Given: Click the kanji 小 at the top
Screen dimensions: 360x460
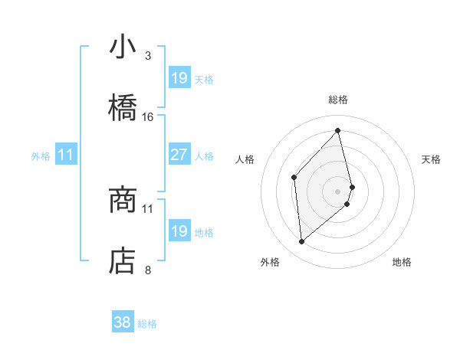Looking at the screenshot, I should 123,47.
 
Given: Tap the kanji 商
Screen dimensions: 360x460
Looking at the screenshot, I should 123,201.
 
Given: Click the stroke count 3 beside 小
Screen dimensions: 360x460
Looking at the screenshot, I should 148,55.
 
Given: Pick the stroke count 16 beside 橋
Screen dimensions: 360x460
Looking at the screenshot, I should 148,116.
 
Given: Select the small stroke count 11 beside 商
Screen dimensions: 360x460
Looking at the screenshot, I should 148,208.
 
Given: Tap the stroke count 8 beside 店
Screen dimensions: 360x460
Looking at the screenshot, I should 148,270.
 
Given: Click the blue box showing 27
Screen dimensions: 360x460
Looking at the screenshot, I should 179,155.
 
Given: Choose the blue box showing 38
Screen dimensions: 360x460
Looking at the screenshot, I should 123,323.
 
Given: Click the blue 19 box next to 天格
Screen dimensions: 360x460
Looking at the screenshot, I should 179,78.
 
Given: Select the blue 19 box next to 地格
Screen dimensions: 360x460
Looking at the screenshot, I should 179,231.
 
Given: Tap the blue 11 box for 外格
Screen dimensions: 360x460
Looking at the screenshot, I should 66,155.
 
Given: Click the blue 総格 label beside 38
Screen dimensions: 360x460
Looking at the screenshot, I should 147,324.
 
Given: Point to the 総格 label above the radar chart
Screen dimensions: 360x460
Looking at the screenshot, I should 338,100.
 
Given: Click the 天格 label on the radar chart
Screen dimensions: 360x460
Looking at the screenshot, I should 431,159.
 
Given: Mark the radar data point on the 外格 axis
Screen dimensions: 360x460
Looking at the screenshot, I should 302,242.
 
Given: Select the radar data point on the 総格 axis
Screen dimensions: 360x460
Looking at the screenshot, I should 338,131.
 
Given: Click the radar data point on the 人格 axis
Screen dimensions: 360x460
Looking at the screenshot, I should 294,177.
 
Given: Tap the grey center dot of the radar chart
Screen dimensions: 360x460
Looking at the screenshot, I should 338,191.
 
